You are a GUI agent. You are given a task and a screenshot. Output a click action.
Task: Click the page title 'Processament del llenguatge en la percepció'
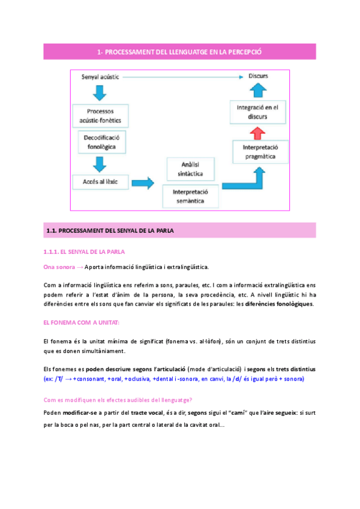point(179,52)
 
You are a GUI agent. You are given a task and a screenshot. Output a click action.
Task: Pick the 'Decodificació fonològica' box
point(100,142)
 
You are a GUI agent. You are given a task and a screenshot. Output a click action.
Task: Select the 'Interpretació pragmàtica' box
point(260,152)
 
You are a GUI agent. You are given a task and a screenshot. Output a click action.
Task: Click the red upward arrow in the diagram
point(257,133)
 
